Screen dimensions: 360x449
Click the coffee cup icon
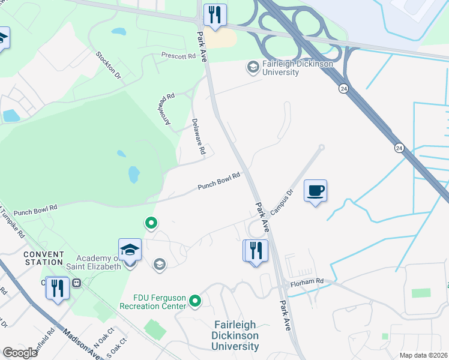pyautogui.click(x=316, y=191)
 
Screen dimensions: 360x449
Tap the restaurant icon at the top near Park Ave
pyautogui.click(x=214, y=14)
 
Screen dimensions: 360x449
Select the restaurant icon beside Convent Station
pyautogui.click(x=57, y=287)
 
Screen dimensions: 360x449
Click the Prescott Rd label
pyautogui.click(x=178, y=56)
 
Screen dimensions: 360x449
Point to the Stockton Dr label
pyautogui.click(x=109, y=65)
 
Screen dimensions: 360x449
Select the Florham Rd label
pyautogui.click(x=307, y=281)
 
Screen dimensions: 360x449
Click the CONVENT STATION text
pyautogui.click(x=44, y=258)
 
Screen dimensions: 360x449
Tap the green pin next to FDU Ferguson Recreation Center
pyautogui.click(x=194, y=301)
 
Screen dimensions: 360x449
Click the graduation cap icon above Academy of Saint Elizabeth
pyautogui.click(x=130, y=249)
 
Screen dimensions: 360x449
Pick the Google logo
pyautogui.click(x=20, y=353)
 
